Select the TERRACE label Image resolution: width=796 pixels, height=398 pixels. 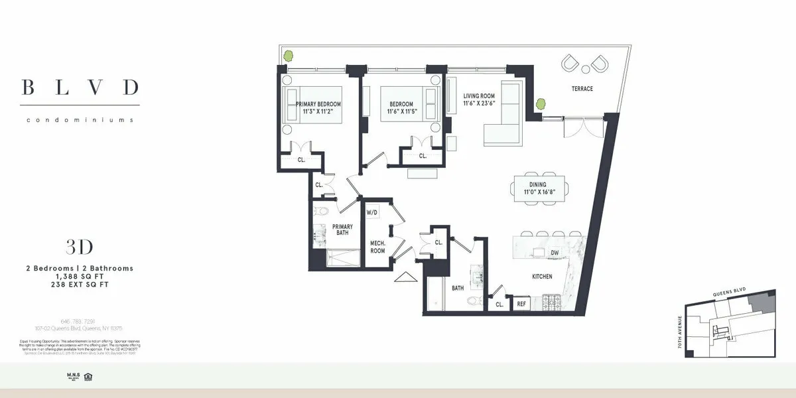pyautogui.click(x=582, y=89)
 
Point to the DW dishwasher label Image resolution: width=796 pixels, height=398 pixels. pyautogui.click(x=555, y=253)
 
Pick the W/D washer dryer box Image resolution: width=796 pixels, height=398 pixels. pyautogui.click(x=372, y=212)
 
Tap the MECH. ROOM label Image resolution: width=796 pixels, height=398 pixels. pyautogui.click(x=377, y=247)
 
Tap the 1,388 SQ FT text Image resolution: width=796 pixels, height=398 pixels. pyautogui.click(x=79, y=276)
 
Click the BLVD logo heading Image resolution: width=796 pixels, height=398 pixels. pyautogui.click(x=80, y=87)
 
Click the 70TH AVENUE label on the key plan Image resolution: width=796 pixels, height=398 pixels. pyautogui.click(x=679, y=332)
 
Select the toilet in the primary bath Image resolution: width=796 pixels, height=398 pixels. pyautogui.click(x=321, y=212)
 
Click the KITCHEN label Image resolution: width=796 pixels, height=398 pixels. pyautogui.click(x=542, y=276)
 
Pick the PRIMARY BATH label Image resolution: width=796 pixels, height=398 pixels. pyautogui.click(x=342, y=230)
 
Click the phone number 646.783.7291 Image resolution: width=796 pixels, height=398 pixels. pyautogui.click(x=79, y=322)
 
